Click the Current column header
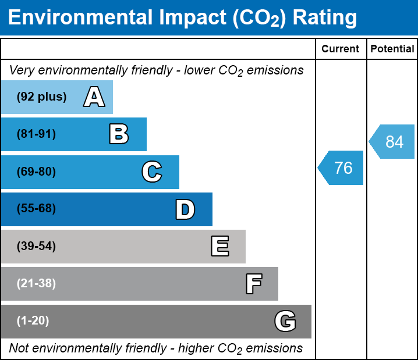pyautogui.click(x=341, y=49)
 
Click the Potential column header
pyautogui.click(x=392, y=49)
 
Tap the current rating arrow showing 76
pyautogui.click(x=342, y=168)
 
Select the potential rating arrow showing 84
pyautogui.click(x=393, y=141)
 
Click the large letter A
pyautogui.click(x=94, y=97)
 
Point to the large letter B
pyautogui.click(x=119, y=134)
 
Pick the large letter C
pyautogui.click(x=152, y=172)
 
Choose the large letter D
pyautogui.click(x=185, y=209)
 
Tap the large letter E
pyautogui.click(x=219, y=247)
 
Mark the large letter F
pyautogui.click(x=253, y=284)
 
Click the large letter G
pyautogui.click(x=285, y=321)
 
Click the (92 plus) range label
pyautogui.click(x=41, y=97)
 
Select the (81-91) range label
pyautogui.click(x=36, y=134)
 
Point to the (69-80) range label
pyautogui.click(x=36, y=172)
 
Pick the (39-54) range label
pyautogui.click(x=36, y=247)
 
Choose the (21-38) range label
pyautogui.click(x=36, y=284)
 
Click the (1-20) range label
pyautogui.click(x=33, y=321)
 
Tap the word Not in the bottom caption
pyautogui.click(x=19, y=348)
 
